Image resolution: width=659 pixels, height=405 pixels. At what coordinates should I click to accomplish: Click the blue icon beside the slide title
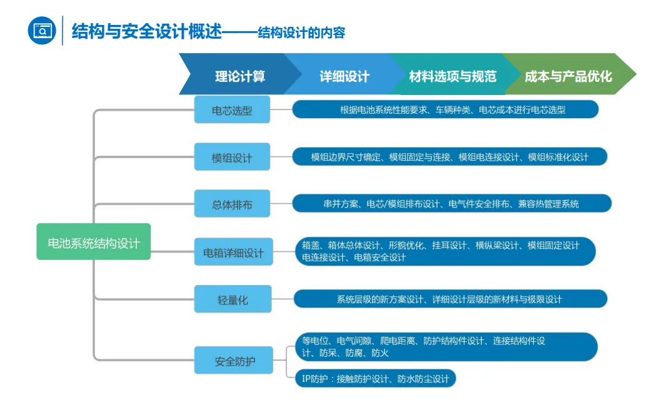coord(42,31)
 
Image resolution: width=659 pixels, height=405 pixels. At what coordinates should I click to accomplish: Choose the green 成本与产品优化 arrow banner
coord(568,76)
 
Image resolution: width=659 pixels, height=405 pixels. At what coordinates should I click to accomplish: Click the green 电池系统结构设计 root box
coord(94,242)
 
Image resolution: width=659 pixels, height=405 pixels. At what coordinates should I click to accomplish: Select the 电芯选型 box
coord(232,110)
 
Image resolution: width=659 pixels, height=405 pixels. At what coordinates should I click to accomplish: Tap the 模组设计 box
coord(232,157)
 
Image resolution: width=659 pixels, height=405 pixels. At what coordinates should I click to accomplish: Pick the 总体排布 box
coord(232,204)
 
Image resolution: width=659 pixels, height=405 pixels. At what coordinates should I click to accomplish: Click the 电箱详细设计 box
coord(233,252)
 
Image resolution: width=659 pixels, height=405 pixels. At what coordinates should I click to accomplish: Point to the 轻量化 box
coord(232,300)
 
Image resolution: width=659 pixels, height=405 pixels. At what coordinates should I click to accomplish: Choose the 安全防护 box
coord(234,361)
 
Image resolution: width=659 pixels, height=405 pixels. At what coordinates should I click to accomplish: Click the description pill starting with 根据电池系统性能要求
coord(445,110)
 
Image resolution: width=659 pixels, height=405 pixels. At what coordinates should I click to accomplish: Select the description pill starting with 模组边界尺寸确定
coord(450,157)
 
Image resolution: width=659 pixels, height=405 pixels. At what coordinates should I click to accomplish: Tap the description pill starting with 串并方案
coord(451,204)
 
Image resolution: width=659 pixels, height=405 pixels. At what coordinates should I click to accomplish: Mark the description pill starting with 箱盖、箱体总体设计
coord(445,251)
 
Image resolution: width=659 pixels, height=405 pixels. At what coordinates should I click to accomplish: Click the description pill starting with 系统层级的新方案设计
coord(450,299)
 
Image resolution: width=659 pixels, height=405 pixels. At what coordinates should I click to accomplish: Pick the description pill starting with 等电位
coord(445,347)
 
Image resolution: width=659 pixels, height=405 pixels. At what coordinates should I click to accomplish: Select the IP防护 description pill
coord(375,379)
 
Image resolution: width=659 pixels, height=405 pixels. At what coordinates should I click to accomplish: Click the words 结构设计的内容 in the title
coord(301,32)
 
